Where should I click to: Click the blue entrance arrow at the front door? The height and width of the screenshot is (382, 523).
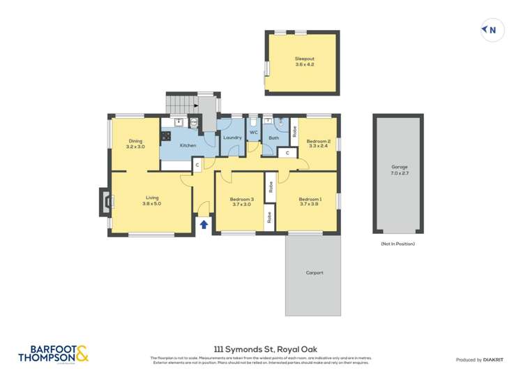[x=204, y=224]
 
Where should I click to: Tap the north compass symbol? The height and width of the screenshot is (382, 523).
[x=491, y=30]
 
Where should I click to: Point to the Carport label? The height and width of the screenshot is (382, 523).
[x=314, y=272]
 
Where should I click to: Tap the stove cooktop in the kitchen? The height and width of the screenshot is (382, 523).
[x=166, y=137]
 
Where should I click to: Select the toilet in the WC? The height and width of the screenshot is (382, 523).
[x=254, y=122]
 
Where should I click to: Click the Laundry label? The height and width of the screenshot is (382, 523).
[x=232, y=138]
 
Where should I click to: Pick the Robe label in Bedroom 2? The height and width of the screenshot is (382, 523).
[x=295, y=130]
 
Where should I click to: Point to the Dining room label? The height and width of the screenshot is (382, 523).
[x=135, y=142]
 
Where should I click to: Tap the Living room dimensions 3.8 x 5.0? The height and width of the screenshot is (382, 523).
[x=151, y=204]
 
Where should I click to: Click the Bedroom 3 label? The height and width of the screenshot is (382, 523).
[x=241, y=199]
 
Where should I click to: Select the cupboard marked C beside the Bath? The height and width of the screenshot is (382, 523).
[x=287, y=153]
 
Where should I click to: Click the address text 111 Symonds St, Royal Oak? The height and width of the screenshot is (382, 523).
[x=261, y=348]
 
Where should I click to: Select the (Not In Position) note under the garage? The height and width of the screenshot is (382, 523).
[x=397, y=244]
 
